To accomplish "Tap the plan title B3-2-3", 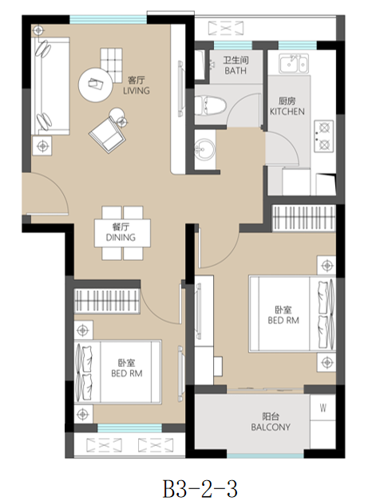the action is [x=200, y=488].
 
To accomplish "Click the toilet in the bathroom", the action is [x=210, y=105].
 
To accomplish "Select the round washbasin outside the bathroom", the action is [x=204, y=150].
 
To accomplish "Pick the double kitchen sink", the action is [x=294, y=64].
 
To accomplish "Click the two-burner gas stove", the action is [x=324, y=136].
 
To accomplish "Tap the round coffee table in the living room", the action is [x=96, y=85].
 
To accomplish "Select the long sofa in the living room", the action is [x=51, y=86].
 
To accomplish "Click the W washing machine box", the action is [x=323, y=408].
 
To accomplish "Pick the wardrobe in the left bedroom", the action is [x=107, y=302].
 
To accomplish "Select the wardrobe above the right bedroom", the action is [x=303, y=218].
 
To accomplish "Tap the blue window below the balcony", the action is [x=265, y=456].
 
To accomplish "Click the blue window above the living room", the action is [x=109, y=19].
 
